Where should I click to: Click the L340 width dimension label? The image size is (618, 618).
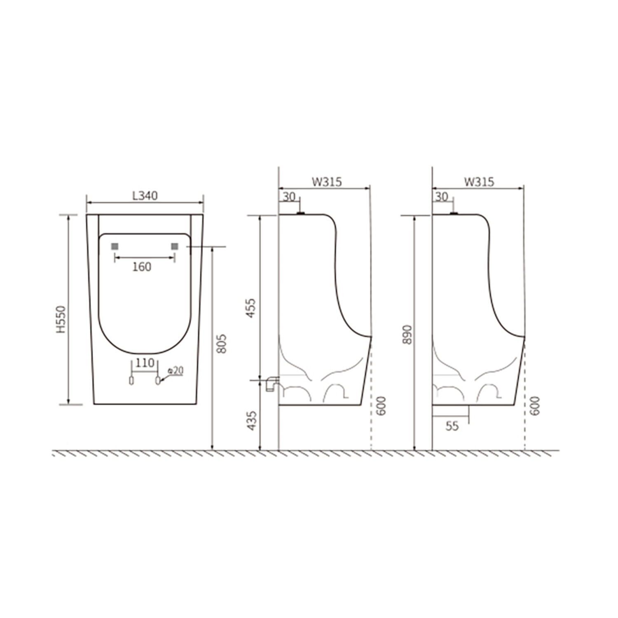pyautogui.click(x=145, y=196)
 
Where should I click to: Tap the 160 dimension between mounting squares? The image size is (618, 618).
pyautogui.click(x=142, y=267)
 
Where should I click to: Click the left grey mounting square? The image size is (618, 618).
pyautogui.click(x=115, y=246)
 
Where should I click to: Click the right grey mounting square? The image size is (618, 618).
pyautogui.click(x=175, y=246)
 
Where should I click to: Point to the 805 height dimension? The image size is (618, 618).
pyautogui.click(x=221, y=343)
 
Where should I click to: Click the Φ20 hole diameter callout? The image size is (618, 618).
pyautogui.click(x=175, y=371)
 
